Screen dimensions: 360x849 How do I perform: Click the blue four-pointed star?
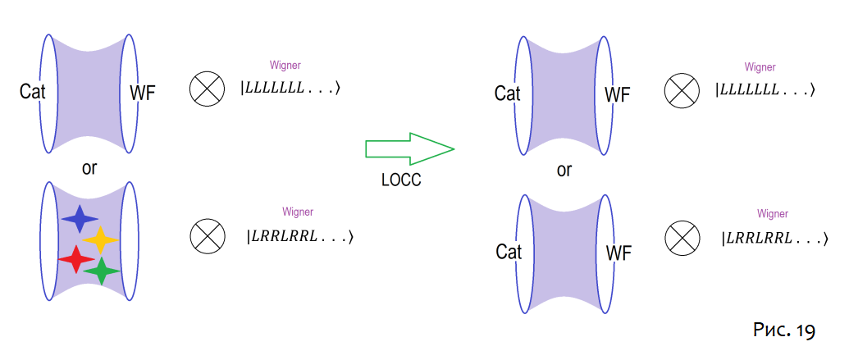(x=80, y=220)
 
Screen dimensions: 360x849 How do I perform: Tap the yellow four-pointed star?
(x=101, y=239)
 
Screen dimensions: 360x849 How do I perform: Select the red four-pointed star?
(x=76, y=259)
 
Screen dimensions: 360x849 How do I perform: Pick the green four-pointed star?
(x=102, y=271)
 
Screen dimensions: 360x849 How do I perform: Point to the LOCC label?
(x=401, y=181)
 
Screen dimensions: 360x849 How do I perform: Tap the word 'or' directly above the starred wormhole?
(x=89, y=168)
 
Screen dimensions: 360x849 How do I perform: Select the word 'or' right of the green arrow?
(x=564, y=171)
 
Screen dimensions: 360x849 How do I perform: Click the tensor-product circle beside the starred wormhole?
(x=208, y=237)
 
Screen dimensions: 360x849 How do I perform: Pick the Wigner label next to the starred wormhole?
(x=298, y=212)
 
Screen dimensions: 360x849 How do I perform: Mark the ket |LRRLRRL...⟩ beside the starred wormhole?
(x=300, y=238)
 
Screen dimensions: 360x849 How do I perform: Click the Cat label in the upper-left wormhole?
(x=33, y=92)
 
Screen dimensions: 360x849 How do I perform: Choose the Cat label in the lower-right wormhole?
(x=509, y=252)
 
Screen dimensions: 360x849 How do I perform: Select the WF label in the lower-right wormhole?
(x=618, y=253)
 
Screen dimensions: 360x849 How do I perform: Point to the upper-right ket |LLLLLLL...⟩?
(x=765, y=90)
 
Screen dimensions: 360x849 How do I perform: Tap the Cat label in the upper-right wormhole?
(x=508, y=93)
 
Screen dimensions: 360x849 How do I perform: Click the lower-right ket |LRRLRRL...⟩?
(x=774, y=239)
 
